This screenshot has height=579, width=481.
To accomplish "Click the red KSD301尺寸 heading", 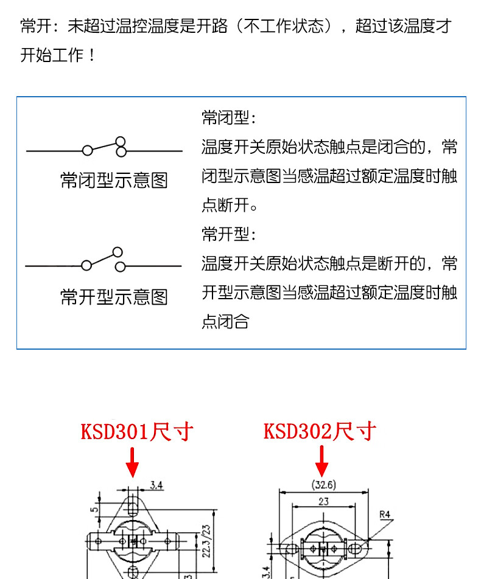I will [137, 432].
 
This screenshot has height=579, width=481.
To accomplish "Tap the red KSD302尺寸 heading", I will [320, 432].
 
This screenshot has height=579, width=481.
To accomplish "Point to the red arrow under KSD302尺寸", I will [322, 462].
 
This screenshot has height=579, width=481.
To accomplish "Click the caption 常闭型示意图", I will [114, 181].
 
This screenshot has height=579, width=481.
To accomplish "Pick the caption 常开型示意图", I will [114, 297].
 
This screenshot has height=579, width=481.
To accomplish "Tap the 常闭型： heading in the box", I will [229, 117].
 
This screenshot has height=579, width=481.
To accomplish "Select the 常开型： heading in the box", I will [229, 234].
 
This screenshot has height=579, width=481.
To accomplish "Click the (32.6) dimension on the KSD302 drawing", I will [323, 485].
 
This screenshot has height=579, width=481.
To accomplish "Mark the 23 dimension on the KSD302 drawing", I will [324, 502].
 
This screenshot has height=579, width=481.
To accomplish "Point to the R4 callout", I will [385, 515].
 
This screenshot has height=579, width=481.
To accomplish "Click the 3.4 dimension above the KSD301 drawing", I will [156, 485].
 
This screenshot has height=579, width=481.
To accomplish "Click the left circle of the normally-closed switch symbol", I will [88, 150].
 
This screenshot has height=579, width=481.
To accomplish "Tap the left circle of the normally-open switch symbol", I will [86, 266].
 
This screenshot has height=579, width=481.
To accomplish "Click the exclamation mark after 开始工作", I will [92, 56].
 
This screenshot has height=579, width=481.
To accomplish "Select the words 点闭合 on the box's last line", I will [225, 322].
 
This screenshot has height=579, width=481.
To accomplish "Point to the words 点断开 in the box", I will [225, 206].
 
